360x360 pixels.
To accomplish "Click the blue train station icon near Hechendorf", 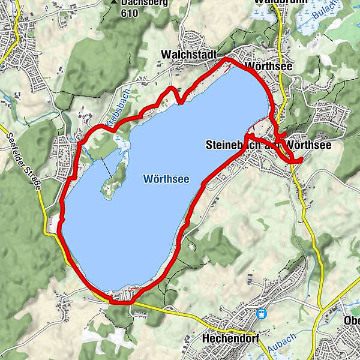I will [x=262, y=313].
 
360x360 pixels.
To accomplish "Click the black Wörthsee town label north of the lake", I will [x=269, y=66].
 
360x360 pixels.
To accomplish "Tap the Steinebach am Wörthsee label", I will [x=268, y=145].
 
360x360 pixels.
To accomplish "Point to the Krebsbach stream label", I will [x=116, y=112].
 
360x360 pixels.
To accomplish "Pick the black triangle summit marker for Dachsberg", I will [x=113, y=2].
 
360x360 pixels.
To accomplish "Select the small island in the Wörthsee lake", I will [x=113, y=181].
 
